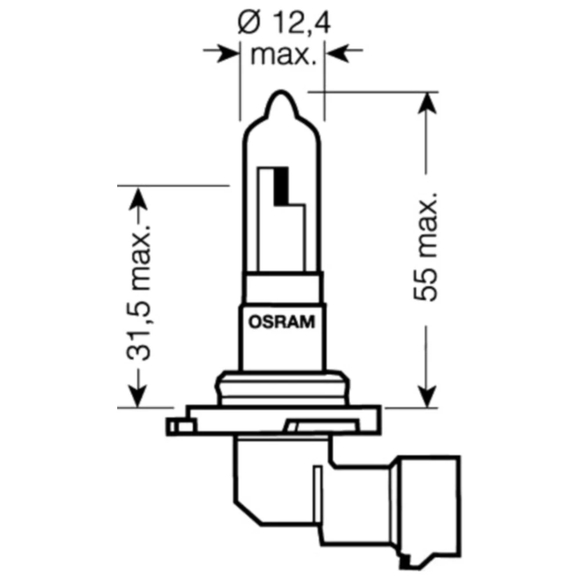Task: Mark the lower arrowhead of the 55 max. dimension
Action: pos(427,396)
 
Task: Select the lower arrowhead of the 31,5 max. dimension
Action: pos(136,396)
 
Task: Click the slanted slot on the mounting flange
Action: pos(302,427)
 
